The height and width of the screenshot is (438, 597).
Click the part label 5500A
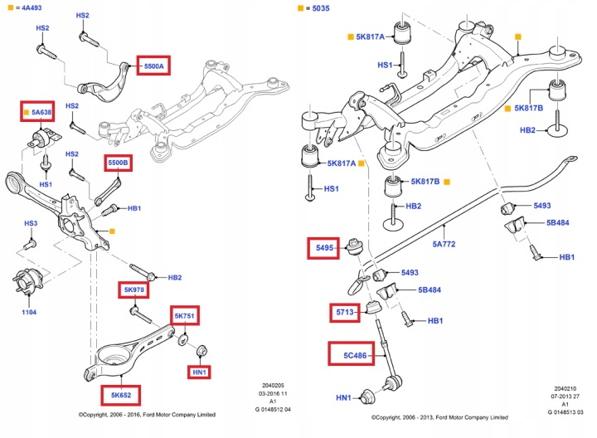155,66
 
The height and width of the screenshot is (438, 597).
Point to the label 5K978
133,290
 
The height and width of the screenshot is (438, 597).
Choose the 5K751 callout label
185,316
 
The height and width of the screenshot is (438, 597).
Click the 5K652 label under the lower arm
116,394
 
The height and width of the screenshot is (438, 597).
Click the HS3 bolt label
30,224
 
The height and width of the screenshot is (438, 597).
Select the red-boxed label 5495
323,246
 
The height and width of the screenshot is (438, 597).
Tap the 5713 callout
344,313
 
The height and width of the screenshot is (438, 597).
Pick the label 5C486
345,356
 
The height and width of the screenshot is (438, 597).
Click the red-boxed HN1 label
200,372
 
